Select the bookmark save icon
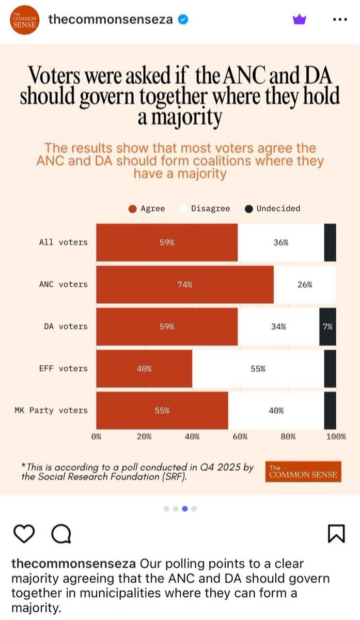[336, 534]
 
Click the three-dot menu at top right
[339, 20]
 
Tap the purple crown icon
[299, 20]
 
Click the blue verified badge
[183, 20]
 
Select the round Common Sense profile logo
[22, 20]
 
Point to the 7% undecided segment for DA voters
[327, 327]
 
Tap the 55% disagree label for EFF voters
[258, 369]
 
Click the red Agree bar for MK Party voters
[162, 411]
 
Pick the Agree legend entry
[147, 209]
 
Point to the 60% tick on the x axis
[240, 437]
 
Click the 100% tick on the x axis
[336, 437]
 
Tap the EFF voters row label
[63, 369]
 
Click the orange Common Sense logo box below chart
[303, 471]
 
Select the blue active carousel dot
[185, 508]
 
